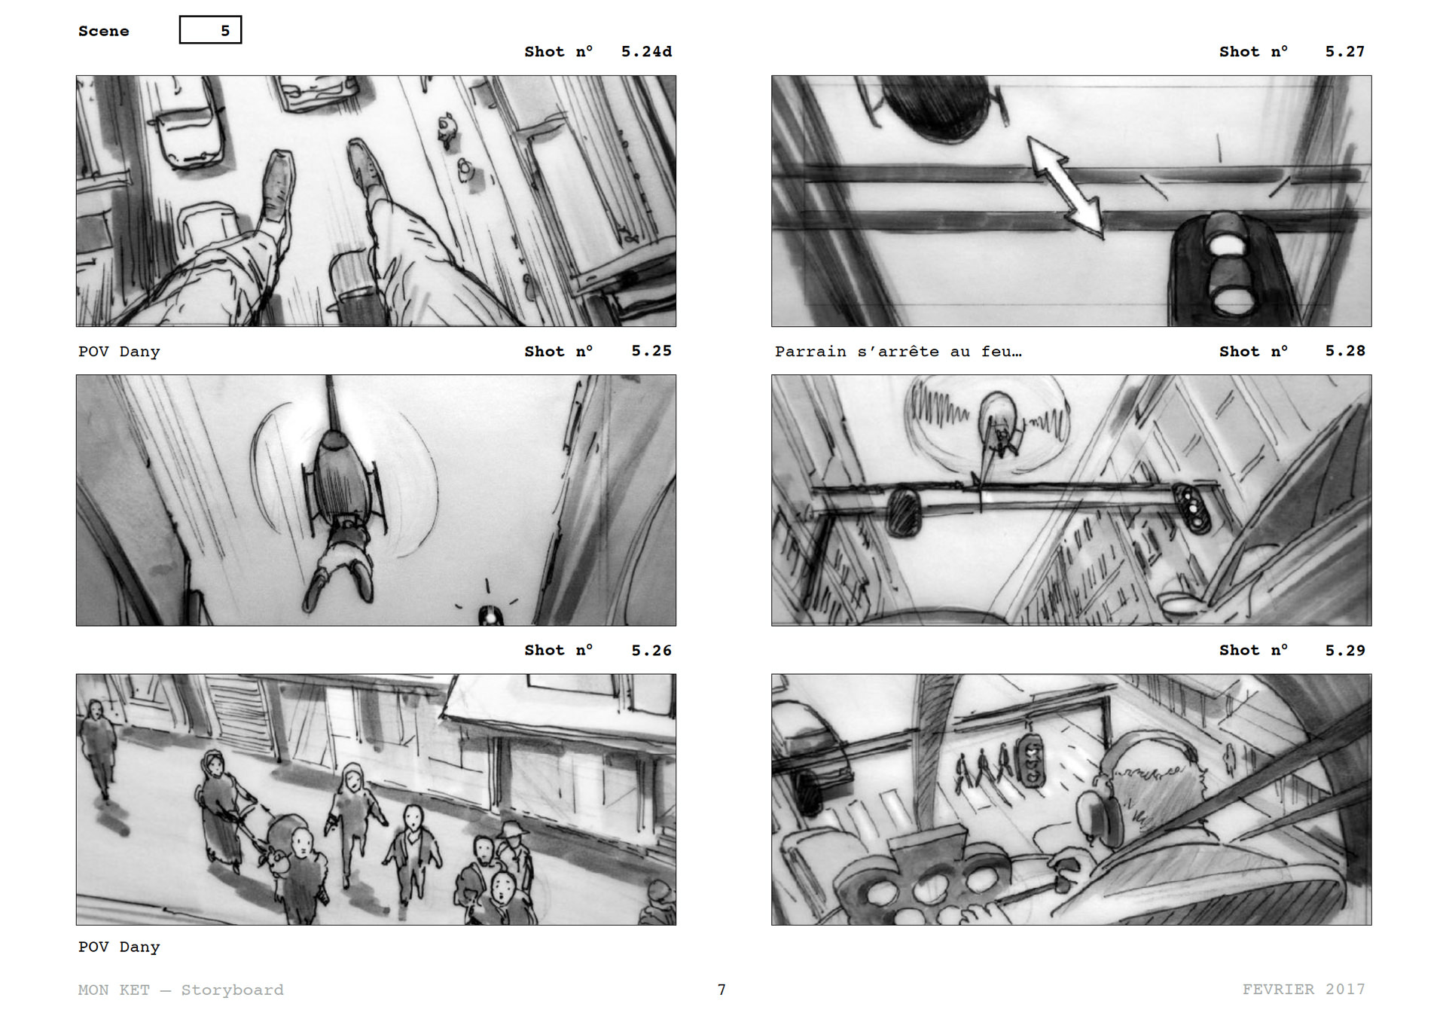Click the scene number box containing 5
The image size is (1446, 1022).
210,30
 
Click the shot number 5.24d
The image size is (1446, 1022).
646,52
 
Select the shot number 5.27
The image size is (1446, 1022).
1344,52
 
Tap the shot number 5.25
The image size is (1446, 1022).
651,351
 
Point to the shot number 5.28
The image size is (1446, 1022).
1345,351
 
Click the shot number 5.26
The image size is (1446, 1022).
651,651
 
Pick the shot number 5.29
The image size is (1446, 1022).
1345,651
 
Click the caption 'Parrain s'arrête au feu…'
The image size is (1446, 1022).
898,352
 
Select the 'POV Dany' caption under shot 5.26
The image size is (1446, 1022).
119,947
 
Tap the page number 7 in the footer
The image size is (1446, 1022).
721,990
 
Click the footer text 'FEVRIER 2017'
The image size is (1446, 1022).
1304,990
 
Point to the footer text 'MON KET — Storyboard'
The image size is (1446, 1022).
181,990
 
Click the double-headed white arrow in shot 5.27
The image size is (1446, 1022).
1066,188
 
